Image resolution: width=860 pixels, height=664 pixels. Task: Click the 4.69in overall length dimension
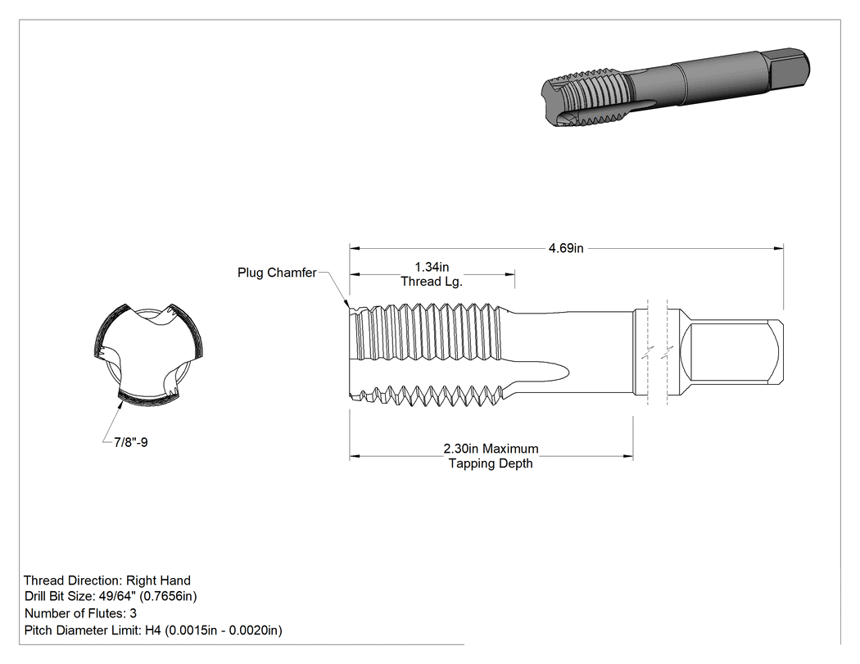point(566,248)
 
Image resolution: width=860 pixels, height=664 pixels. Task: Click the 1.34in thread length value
point(432,267)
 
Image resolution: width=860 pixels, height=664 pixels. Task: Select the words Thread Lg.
point(432,282)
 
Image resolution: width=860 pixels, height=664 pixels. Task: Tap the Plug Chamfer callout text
point(277,273)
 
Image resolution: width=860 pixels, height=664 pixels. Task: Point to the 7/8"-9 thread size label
point(130,442)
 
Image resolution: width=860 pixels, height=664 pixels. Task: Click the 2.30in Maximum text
point(491,449)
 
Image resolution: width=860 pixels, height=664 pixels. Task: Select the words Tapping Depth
point(491,463)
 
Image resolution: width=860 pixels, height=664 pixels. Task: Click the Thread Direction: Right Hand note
point(107,580)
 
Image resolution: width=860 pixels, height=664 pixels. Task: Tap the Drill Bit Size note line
point(111,596)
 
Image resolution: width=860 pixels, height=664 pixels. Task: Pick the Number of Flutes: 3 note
point(80,613)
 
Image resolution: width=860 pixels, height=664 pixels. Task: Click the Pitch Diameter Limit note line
point(153,630)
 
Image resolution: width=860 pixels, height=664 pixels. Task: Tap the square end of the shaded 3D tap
point(788,69)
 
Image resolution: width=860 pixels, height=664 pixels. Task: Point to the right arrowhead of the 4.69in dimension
point(779,248)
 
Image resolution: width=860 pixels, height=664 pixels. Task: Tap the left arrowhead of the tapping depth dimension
point(355,456)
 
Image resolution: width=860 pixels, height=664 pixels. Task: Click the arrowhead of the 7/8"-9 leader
point(120,404)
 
